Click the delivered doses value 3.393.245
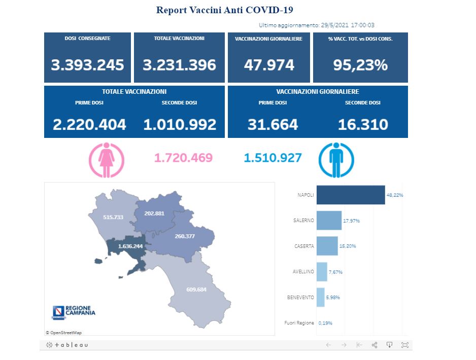(x=87, y=65)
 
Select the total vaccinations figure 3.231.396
(x=180, y=65)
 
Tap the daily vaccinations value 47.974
(x=268, y=65)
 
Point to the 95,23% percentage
(x=360, y=65)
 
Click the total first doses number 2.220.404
(x=89, y=124)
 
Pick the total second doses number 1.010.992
(x=180, y=124)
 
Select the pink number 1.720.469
(x=183, y=158)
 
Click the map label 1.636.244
(x=130, y=246)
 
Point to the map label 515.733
(x=113, y=217)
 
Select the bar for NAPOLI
(x=350, y=195)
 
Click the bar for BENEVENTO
(x=320, y=297)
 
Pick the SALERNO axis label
(x=303, y=221)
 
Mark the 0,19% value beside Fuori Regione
(x=325, y=323)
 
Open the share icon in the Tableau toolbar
(x=375, y=345)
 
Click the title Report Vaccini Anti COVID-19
(x=225, y=10)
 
